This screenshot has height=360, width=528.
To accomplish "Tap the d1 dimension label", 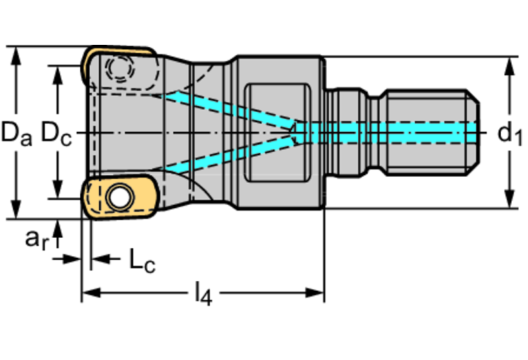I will (509, 133).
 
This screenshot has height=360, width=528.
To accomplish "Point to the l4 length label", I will (202, 295).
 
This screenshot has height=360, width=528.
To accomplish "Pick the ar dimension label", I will (37, 239).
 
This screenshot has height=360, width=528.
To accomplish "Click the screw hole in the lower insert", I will (119, 198).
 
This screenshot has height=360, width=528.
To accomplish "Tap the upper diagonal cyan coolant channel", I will (227, 107).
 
